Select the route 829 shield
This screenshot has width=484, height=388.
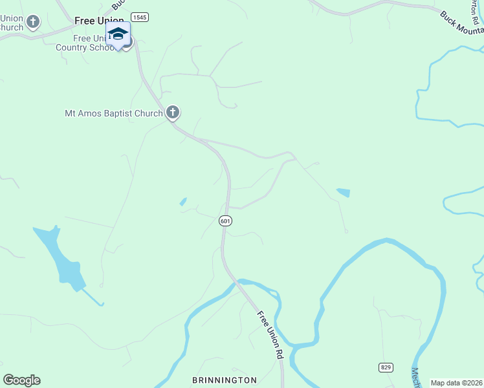[x=386, y=367]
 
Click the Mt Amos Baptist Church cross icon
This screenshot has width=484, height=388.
[x=172, y=113]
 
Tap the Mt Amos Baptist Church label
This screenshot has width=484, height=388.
[x=113, y=113]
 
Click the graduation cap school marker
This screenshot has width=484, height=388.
[x=118, y=34]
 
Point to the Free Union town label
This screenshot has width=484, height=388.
[x=98, y=21]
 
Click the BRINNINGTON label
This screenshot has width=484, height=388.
[x=225, y=380]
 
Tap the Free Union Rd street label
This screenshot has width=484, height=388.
[x=271, y=335]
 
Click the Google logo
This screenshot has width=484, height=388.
[x=21, y=380]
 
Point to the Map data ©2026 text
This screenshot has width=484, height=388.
[x=456, y=383]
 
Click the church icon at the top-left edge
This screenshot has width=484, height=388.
[x=32, y=22]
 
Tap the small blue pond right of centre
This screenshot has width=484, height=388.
[x=343, y=192]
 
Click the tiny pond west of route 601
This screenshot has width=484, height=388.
[x=183, y=202]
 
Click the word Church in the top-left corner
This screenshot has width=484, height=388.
[x=11, y=27]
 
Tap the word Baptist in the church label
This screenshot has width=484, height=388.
[x=113, y=113]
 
